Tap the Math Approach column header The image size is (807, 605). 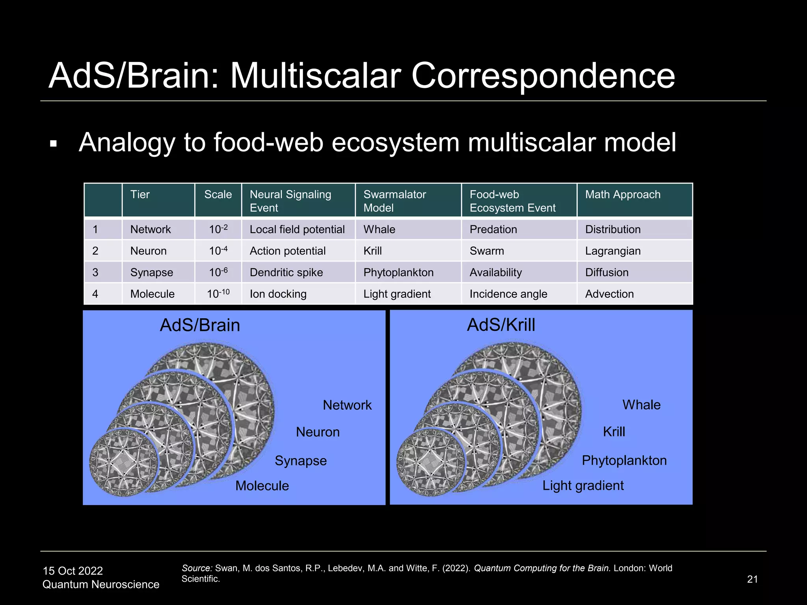point(623,195)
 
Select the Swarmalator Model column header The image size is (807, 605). point(394,201)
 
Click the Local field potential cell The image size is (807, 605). point(297,230)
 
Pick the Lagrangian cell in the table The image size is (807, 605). point(613,251)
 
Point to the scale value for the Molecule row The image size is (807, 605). point(218,293)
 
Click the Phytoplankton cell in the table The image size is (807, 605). point(398,273)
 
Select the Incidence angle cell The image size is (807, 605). point(508,294)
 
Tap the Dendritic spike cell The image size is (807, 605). point(286,273)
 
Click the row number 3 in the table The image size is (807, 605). point(95,273)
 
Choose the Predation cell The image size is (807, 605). point(493,230)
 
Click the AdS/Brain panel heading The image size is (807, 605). point(200,325)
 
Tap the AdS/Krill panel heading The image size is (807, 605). point(501,325)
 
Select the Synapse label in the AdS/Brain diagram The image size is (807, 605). point(301,461)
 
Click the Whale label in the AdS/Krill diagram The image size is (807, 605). point(641,405)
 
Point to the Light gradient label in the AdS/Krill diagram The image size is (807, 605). point(583,486)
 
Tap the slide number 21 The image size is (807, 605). point(752,579)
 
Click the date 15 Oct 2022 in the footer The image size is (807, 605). point(73,571)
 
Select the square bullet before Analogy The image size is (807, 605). point(54,144)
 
